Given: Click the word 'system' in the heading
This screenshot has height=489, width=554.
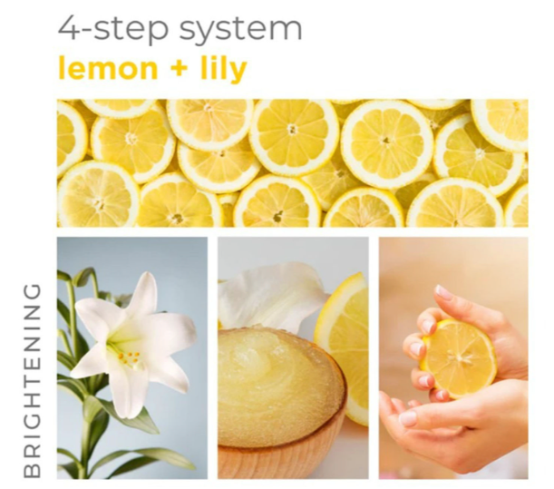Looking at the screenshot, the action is (x=240, y=30).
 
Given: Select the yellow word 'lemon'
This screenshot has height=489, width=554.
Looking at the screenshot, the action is (x=108, y=68).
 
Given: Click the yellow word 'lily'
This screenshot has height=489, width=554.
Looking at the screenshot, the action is (x=224, y=70).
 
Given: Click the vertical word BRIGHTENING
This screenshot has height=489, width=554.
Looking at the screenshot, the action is (x=32, y=380).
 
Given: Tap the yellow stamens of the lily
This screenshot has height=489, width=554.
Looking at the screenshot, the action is (x=130, y=357).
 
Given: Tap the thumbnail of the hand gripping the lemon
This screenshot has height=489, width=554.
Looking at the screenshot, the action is (x=443, y=293).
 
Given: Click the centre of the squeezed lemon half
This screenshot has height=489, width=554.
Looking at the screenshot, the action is (x=460, y=358).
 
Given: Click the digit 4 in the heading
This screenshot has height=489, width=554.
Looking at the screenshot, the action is (x=68, y=27).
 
